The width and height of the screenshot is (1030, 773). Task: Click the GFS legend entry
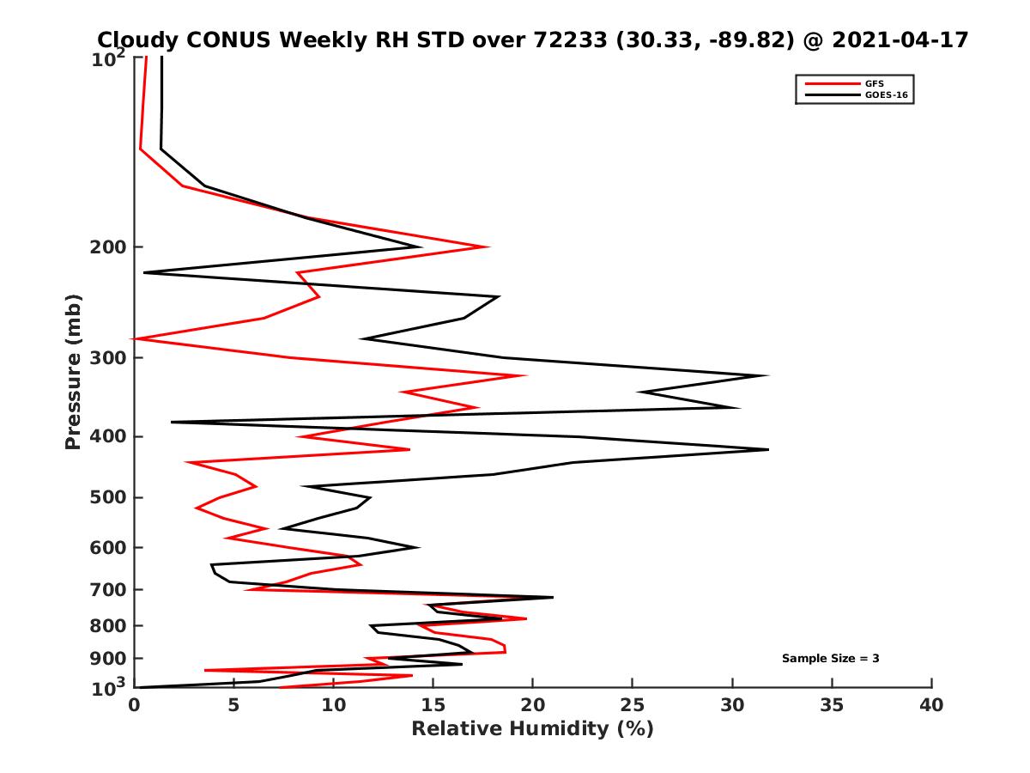[875, 83]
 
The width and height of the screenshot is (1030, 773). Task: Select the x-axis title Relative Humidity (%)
[532, 729]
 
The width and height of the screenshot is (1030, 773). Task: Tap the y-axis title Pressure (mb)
[73, 372]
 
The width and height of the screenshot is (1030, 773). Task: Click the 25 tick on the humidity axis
[633, 705]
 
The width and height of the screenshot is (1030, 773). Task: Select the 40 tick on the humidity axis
[931, 705]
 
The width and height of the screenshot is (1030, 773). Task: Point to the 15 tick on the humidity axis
[433, 705]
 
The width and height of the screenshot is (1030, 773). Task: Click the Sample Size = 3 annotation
[830, 659]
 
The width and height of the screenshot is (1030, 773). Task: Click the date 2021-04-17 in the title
[895, 40]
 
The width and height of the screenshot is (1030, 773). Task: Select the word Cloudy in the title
[134, 40]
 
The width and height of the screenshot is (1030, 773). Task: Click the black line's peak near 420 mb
[768, 449]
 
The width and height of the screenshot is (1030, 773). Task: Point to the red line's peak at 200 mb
[488, 247]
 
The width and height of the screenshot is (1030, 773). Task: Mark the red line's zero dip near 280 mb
[136, 339]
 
